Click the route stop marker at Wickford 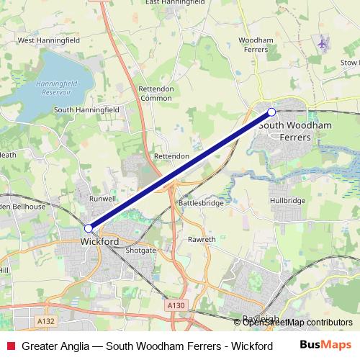(89, 228)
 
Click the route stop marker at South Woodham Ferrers (271, 112)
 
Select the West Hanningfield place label (48, 41)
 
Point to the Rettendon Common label (156, 93)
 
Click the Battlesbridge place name (200, 204)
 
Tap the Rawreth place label (202, 238)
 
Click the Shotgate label (140, 250)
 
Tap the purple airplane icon (323, 44)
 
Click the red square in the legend (9, 346)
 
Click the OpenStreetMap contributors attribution (293, 323)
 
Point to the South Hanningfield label (86, 109)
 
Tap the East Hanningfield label (175, 3)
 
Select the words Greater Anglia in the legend (56, 346)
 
